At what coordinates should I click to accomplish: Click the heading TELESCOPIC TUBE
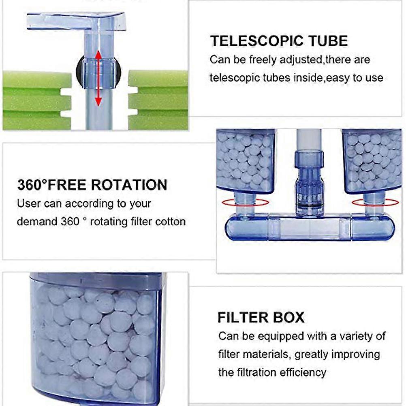[279, 41]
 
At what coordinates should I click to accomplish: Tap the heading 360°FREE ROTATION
[92, 185]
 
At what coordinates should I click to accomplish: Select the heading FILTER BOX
[261, 317]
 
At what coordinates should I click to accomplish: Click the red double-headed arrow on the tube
[98, 78]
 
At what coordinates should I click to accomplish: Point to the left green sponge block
[37, 101]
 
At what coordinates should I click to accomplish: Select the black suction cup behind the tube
[98, 71]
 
